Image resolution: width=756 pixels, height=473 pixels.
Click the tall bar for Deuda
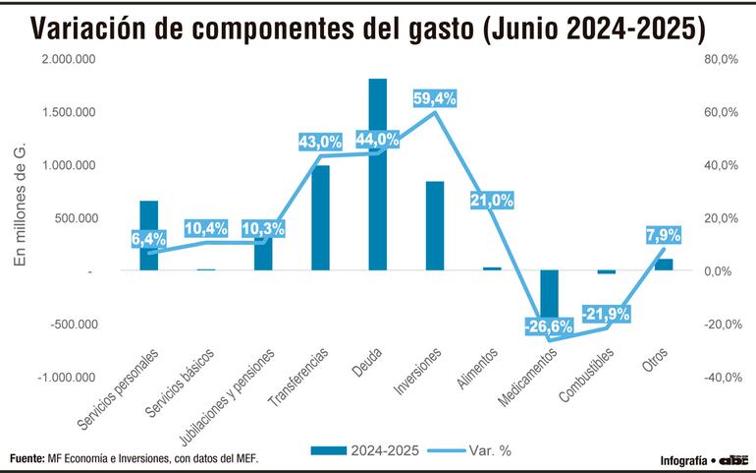tap(377, 175)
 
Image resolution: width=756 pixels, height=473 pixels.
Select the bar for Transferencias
tap(320, 218)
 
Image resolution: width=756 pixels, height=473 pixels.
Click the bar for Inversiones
tap(435, 226)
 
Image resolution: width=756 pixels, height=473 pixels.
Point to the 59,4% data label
tap(434, 98)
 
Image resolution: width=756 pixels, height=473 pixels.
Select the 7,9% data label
tap(663, 235)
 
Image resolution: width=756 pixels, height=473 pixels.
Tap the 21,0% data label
tap(492, 201)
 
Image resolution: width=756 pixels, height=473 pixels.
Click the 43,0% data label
tap(320, 142)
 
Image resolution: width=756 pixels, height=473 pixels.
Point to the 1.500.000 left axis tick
tap(68, 112)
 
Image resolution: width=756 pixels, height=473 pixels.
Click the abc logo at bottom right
tap(733, 459)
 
